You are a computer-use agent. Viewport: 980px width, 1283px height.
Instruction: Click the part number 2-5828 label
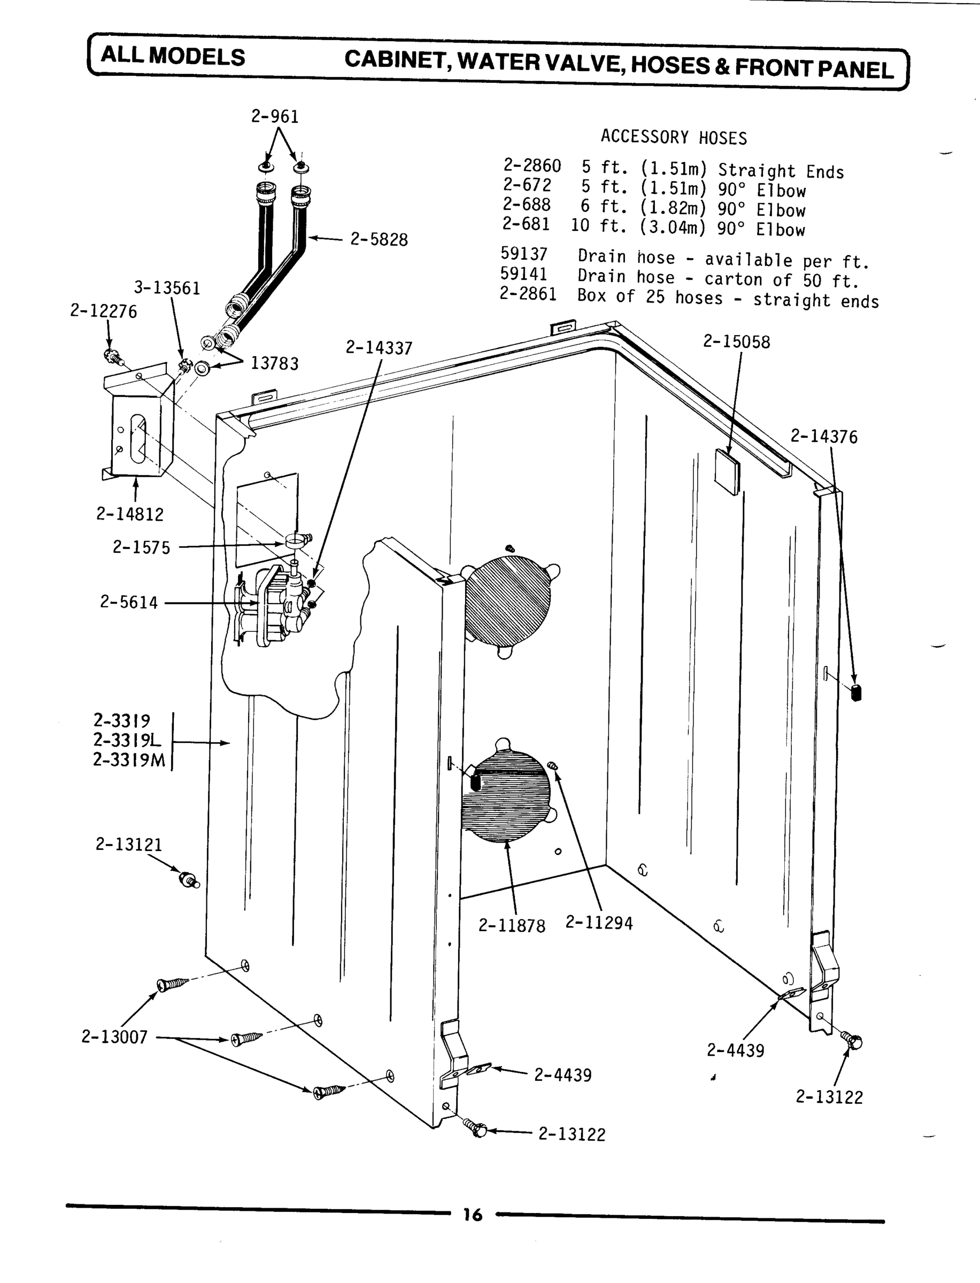(379, 239)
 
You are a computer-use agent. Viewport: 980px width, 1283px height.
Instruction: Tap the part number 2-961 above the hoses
(275, 117)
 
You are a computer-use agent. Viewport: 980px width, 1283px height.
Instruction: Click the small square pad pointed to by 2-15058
(727, 468)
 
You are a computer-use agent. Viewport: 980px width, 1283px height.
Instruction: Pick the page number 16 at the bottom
(473, 1214)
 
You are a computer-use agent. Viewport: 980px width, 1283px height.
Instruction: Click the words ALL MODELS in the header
(173, 57)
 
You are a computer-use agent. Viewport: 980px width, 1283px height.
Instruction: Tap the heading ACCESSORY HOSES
(674, 137)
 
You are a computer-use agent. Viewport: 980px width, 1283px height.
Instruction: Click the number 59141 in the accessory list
(523, 274)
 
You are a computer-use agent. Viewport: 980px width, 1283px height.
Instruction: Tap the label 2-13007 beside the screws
(114, 1037)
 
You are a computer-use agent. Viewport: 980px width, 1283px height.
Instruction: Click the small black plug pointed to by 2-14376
(856, 693)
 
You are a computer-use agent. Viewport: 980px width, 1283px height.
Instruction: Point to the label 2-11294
(598, 923)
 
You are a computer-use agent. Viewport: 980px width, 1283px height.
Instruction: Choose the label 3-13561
(167, 288)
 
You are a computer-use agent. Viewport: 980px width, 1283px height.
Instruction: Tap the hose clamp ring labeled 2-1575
(296, 539)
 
